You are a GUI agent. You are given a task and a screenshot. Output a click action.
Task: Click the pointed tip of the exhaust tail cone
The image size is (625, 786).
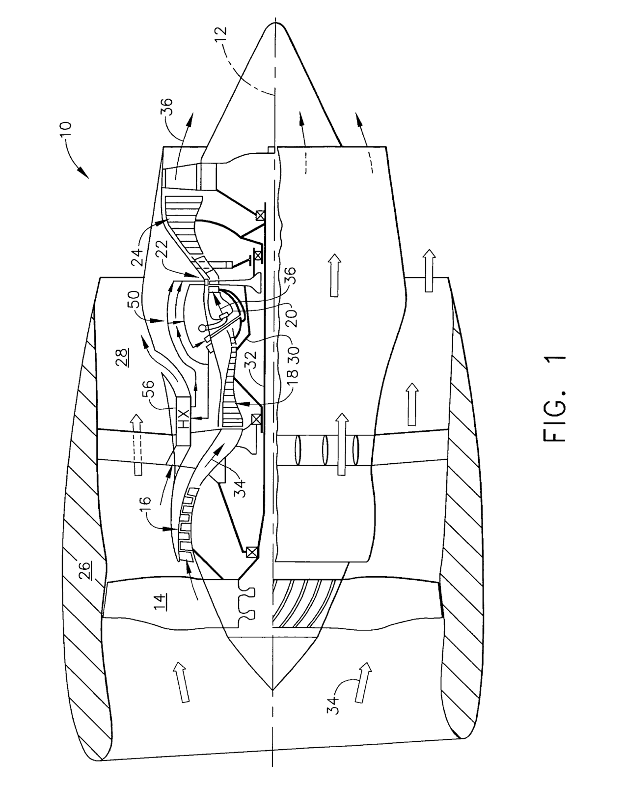point(273,24)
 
